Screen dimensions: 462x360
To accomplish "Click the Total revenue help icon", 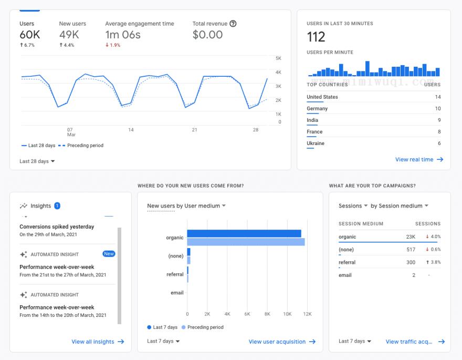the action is tap(233, 24).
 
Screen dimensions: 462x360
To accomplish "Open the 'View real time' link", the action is tap(419, 160).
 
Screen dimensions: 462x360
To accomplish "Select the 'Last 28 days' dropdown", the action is tap(37, 161).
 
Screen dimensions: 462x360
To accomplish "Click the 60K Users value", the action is tap(30, 35).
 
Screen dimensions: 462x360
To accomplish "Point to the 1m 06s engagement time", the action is tap(123, 35).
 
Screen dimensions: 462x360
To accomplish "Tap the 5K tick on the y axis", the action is tap(278, 58).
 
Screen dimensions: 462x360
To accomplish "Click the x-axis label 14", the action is tap(131, 130).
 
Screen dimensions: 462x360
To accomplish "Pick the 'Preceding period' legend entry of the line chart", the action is tap(81, 146).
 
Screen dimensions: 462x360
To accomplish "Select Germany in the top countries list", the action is tap(317, 108).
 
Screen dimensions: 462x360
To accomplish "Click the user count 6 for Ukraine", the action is tap(439, 143).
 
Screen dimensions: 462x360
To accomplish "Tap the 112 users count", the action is tap(316, 37).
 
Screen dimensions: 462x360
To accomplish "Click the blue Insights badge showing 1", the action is tap(57, 206).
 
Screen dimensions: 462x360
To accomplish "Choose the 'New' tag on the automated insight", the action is tap(109, 254).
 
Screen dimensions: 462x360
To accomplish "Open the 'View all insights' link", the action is tap(98, 342).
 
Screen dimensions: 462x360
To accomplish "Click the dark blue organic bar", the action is tap(244, 233).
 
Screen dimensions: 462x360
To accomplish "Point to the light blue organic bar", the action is tap(246, 242).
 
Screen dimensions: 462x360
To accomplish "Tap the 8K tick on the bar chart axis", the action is tap(267, 314).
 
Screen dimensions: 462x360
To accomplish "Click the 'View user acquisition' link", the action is tap(282, 342).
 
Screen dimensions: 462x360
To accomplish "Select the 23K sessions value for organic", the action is tap(411, 236).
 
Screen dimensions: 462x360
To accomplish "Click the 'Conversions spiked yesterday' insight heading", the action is tap(57, 227).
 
